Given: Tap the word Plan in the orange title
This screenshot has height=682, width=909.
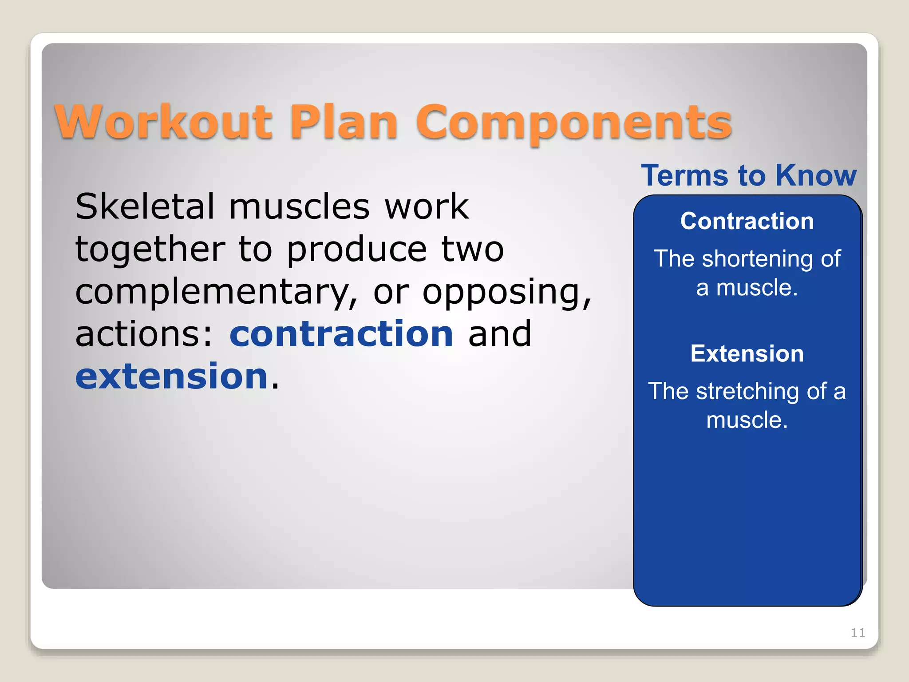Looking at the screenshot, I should coord(344,122).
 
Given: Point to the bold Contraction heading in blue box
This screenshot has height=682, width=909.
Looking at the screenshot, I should coord(747,221).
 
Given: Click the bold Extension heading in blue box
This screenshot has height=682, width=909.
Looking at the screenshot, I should coord(747,354).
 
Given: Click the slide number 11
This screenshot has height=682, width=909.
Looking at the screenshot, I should coord(858,632).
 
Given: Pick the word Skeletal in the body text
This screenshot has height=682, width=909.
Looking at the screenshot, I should coord(145,206).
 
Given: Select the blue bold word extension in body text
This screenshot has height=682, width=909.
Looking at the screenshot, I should coord(172,377).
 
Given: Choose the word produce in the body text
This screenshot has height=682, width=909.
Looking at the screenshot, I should coord(357,250).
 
